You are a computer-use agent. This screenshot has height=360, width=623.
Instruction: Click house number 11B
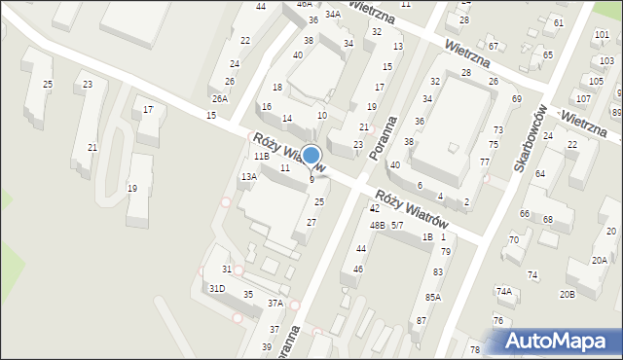(x=261, y=157)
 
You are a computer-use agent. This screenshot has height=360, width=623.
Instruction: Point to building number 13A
(x=249, y=176)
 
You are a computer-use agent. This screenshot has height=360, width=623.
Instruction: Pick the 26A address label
(x=221, y=98)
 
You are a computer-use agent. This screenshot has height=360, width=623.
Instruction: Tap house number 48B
(x=376, y=225)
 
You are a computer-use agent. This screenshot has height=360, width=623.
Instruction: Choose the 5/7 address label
(x=397, y=225)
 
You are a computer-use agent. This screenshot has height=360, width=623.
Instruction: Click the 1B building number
(x=426, y=237)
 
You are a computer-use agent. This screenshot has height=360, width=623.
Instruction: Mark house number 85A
(x=433, y=298)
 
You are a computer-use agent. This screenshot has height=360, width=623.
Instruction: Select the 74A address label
(x=503, y=291)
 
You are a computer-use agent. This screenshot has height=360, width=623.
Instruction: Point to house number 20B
(x=567, y=294)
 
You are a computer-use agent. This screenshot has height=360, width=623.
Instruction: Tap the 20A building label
(x=600, y=260)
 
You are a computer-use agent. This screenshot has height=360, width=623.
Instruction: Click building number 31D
(x=217, y=288)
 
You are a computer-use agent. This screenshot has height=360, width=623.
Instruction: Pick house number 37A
(x=275, y=304)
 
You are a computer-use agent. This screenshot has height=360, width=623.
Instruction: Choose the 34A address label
(x=333, y=14)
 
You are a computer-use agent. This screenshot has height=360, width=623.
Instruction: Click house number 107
(x=583, y=98)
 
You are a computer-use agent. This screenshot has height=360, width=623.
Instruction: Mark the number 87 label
(x=421, y=320)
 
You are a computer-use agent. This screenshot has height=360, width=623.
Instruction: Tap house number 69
(x=516, y=99)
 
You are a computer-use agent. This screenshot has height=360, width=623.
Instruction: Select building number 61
(x=558, y=22)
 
